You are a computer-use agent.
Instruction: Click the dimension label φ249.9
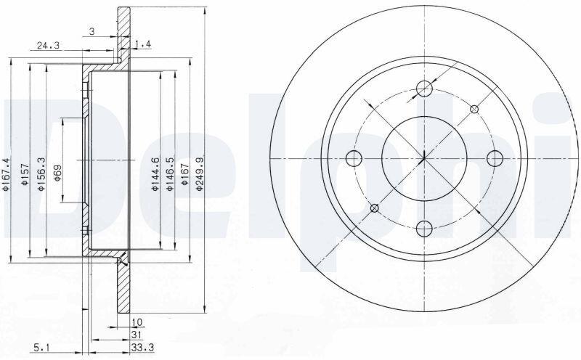point(200,173)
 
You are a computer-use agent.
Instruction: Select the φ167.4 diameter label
point(6,174)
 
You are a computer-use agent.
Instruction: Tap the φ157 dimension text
point(25,174)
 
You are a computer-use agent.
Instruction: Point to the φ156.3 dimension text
point(41,174)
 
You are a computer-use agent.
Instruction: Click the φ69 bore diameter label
point(57,173)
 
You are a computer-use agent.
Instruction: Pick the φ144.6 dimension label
point(155,174)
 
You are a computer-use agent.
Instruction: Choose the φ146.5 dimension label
point(170,174)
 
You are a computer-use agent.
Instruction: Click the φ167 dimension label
point(184,174)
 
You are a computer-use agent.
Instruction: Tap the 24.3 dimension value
point(48,46)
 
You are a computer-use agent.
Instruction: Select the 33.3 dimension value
point(142,348)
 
